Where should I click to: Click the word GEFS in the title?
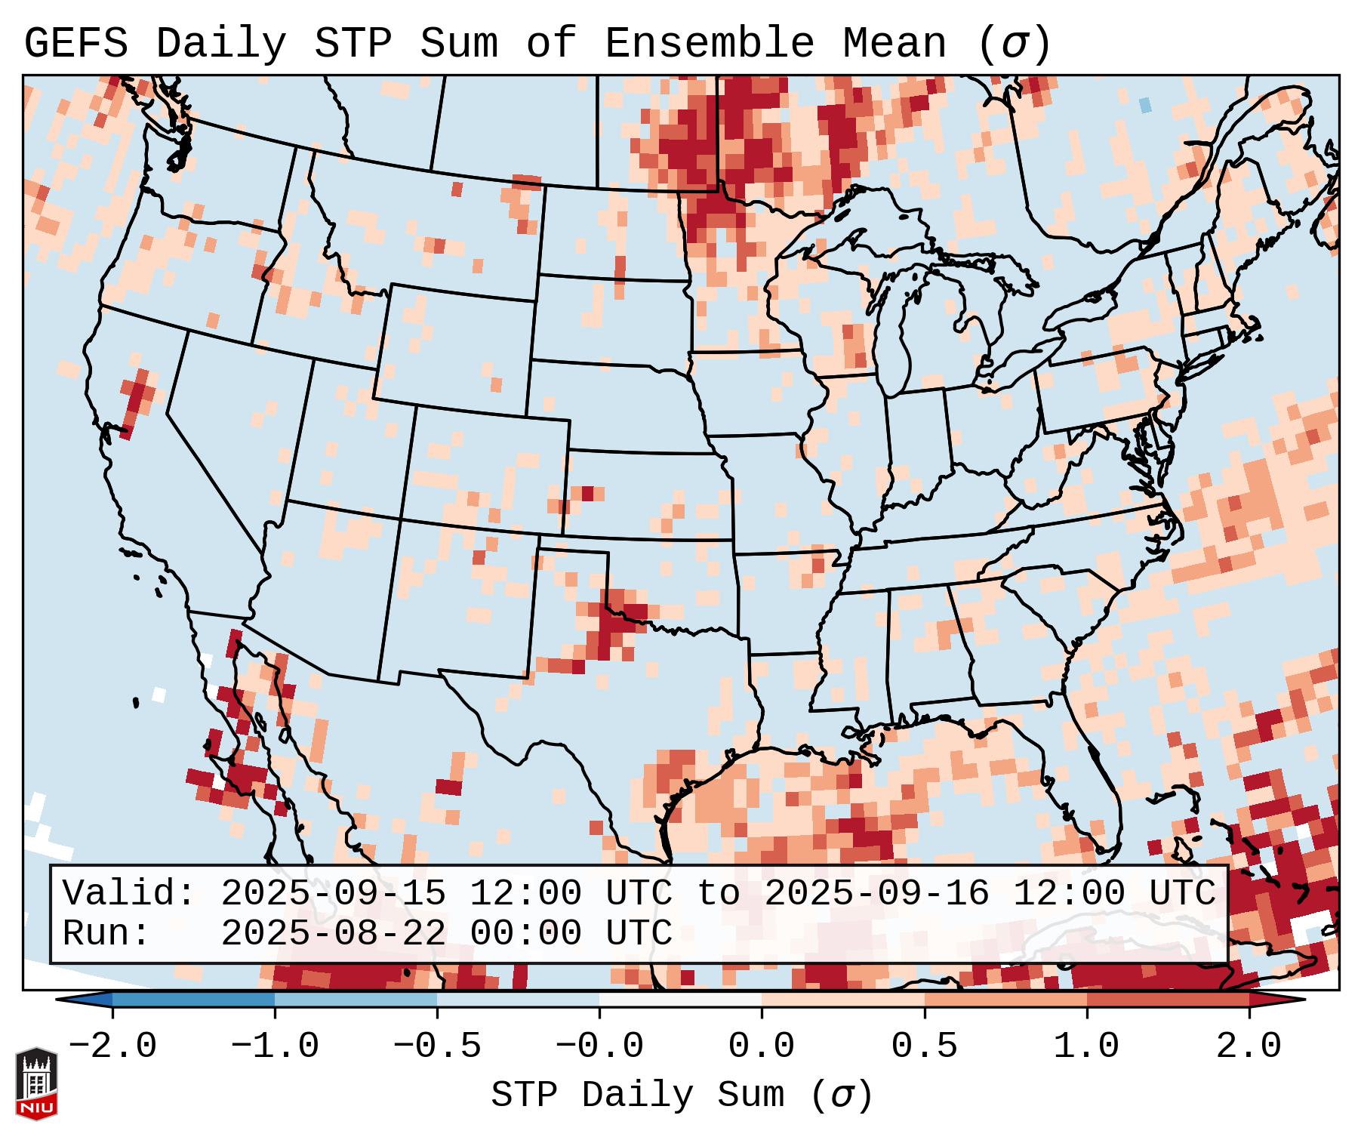(x=75, y=44)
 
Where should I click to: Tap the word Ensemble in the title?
(x=710, y=44)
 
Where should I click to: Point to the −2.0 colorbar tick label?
(x=112, y=1046)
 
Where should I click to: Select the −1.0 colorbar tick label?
(x=275, y=1046)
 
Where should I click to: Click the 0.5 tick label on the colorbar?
(x=925, y=1046)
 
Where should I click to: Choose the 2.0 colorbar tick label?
(x=1249, y=1046)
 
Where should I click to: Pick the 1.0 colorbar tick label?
(x=1087, y=1046)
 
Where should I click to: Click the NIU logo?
(x=36, y=1084)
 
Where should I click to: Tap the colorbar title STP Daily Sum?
(x=638, y=1095)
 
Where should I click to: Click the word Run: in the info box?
(x=106, y=933)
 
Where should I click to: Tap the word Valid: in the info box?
(x=129, y=894)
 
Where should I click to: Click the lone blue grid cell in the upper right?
(x=1146, y=104)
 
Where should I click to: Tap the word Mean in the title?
(x=895, y=44)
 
